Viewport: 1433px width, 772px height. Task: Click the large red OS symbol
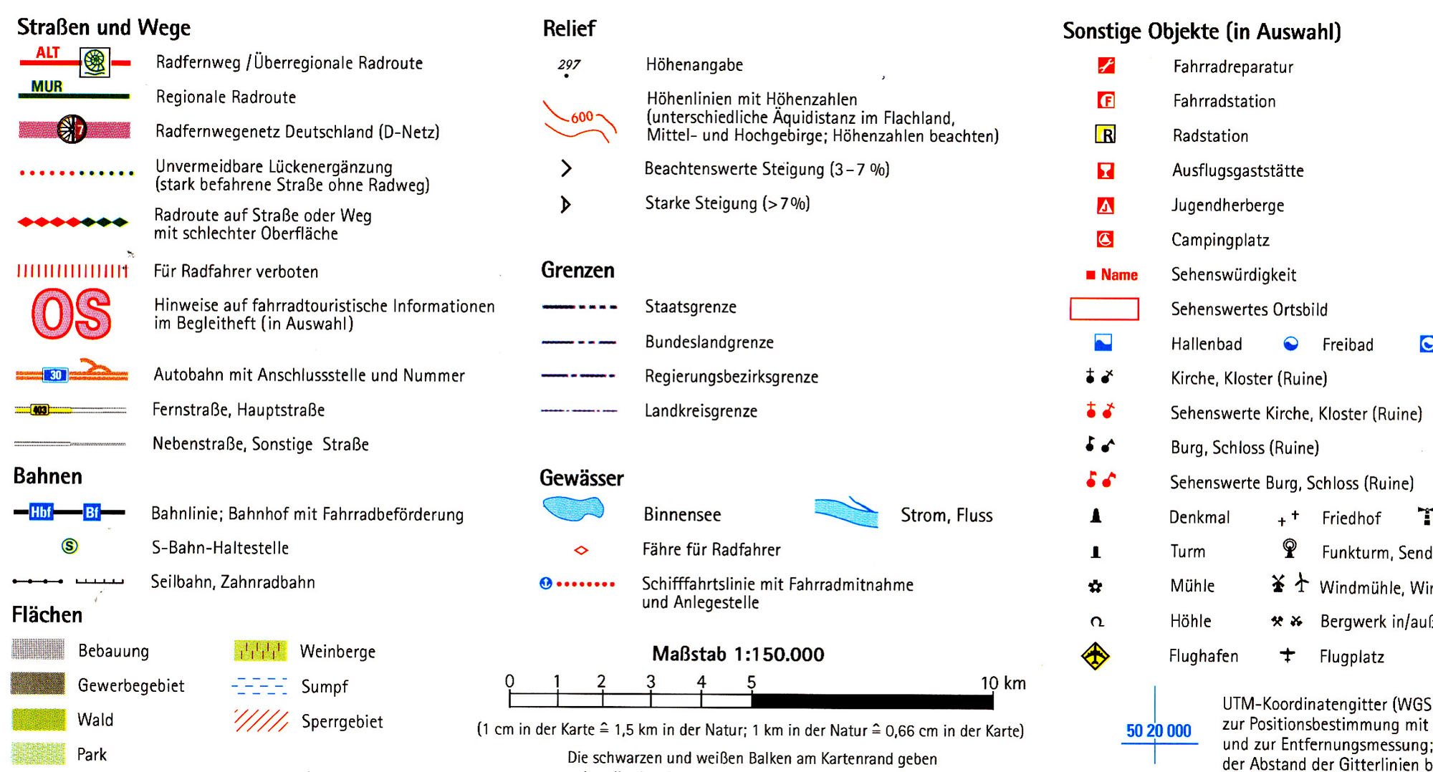[72, 314]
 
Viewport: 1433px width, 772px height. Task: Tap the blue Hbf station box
[42, 512]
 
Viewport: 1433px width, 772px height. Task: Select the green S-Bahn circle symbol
[70, 546]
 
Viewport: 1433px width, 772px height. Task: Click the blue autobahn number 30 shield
[55, 375]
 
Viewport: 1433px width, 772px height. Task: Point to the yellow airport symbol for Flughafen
[1096, 656]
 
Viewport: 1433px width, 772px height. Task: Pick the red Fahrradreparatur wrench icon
[1106, 66]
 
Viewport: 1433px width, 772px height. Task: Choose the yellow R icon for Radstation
[1106, 134]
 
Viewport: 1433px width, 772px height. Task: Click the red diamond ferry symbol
[581, 550]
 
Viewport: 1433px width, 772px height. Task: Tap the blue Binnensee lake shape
[572, 508]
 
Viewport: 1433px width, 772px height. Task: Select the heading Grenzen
[577, 270]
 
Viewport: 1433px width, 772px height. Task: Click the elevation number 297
[569, 64]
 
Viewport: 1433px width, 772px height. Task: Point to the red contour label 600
[582, 117]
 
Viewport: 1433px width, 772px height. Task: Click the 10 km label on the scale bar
[1002, 683]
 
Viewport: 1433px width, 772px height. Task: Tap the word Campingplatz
[1220, 240]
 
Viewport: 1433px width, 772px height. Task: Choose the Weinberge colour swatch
[260, 650]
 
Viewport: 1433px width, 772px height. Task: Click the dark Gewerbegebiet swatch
[37, 684]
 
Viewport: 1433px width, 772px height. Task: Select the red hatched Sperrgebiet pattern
[262, 720]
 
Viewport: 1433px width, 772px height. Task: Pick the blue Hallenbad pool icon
[1103, 343]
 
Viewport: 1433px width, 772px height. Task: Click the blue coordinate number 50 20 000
[1159, 730]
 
